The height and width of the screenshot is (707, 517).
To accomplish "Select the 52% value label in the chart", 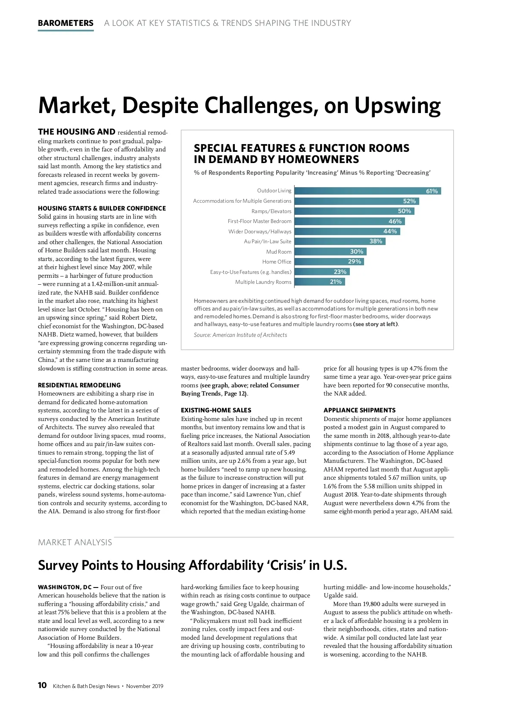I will (x=409, y=201).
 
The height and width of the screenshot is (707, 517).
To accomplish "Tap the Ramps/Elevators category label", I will (x=271, y=211).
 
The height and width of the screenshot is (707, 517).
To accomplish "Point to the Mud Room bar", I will (x=330, y=251).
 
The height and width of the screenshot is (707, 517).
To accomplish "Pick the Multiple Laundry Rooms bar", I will (x=319, y=282).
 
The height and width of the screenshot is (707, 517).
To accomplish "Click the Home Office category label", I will (x=277, y=262).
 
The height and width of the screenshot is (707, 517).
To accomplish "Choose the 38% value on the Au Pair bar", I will (x=376, y=242).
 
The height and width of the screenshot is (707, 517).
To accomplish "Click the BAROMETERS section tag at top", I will (x=65, y=23).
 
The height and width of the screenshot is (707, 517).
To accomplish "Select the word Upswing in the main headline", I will (x=397, y=106).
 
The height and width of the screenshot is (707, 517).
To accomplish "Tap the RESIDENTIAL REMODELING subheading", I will (x=79, y=385).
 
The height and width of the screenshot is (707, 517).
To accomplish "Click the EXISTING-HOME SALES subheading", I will (x=216, y=410).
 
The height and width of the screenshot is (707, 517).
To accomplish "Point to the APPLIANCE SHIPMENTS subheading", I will (x=359, y=410).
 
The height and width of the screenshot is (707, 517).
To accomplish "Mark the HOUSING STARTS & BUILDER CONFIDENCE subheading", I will (x=102, y=208).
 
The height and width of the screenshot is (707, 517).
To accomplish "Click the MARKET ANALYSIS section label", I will (x=75, y=543).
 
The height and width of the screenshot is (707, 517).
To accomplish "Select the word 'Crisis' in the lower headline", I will (x=288, y=566).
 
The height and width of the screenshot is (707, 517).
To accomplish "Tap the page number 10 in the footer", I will (x=42, y=685).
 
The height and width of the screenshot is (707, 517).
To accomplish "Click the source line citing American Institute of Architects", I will (x=240, y=335).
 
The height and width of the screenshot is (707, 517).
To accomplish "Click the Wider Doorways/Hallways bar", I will (x=347, y=231).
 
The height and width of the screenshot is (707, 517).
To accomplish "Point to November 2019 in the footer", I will (x=145, y=686).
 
